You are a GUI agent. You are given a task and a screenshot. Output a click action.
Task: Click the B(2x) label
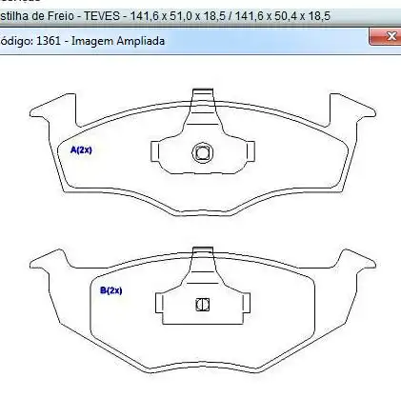click(x=114, y=289)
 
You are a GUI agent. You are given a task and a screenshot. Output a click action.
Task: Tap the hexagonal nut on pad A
click(x=201, y=152)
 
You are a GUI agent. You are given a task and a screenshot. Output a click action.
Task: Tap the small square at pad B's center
click(x=201, y=305)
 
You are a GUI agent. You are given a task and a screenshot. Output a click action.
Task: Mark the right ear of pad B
click(x=357, y=261)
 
